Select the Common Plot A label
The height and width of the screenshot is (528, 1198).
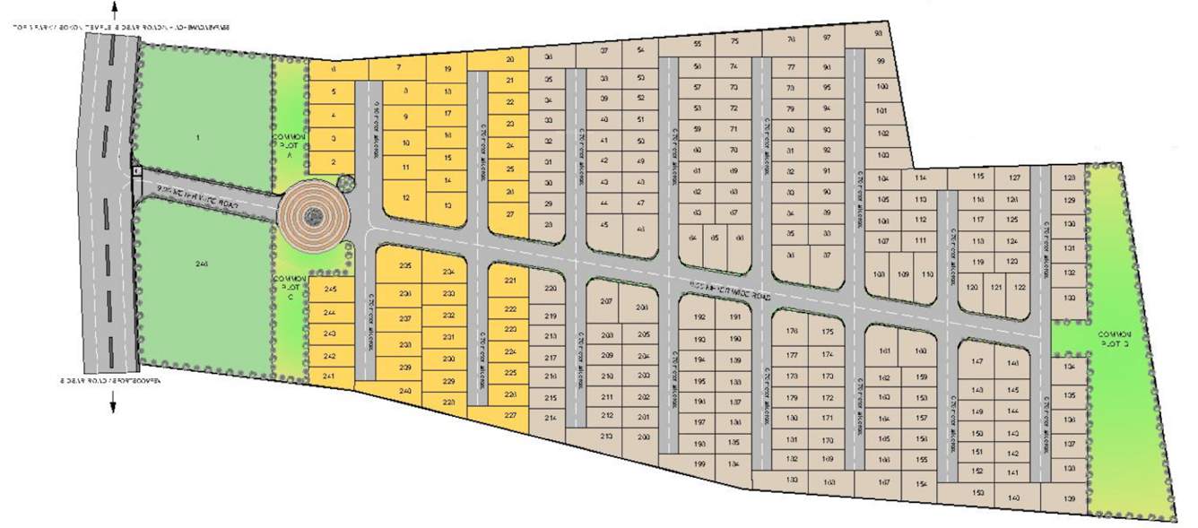(x=288, y=143)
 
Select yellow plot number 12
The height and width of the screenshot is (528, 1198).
(x=406, y=197)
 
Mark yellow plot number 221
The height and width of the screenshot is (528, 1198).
(x=510, y=281)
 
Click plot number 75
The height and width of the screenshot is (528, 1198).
(x=734, y=42)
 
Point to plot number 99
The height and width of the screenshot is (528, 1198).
(x=881, y=60)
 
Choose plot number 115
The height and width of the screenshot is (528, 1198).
(x=977, y=177)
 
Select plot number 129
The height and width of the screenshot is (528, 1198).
(x=1068, y=200)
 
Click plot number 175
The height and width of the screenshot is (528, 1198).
(x=827, y=332)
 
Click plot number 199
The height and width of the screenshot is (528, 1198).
(x=699, y=463)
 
